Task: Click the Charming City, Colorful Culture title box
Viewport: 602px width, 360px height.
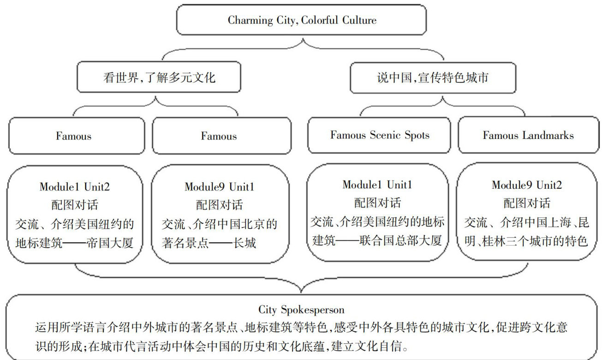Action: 302,20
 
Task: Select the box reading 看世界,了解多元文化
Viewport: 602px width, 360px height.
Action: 159,77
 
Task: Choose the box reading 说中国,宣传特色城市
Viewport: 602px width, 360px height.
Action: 432,77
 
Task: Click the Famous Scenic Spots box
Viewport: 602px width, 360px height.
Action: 379,135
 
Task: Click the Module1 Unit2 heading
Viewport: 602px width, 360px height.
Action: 75,187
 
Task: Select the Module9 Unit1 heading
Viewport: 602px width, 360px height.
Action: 219,187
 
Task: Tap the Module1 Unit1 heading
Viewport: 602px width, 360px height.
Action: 377,185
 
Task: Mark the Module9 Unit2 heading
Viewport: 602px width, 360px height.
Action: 527,186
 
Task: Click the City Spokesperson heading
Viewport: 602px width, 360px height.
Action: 301,309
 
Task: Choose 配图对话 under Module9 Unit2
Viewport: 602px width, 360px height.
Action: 526,204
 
